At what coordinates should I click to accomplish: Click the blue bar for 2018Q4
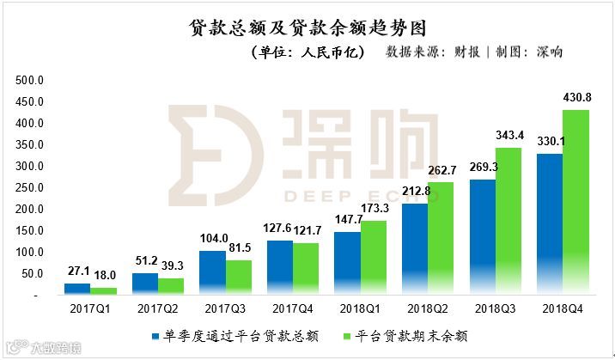click(549, 224)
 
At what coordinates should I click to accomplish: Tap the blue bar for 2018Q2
click(417, 249)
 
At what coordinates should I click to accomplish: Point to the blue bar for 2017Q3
click(213, 273)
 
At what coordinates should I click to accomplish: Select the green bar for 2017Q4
click(306, 269)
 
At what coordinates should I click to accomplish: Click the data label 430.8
click(576, 98)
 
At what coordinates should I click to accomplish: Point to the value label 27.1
click(77, 272)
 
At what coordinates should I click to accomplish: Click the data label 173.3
click(375, 209)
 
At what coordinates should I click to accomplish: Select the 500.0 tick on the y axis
click(30, 81)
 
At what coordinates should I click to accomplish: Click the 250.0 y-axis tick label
click(30, 188)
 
